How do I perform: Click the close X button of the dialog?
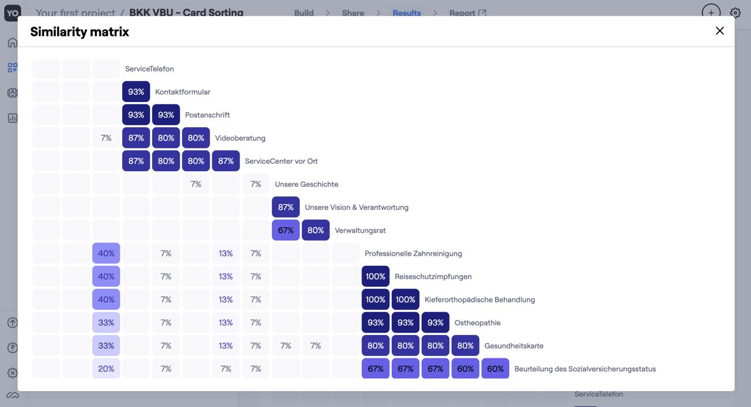click(719, 31)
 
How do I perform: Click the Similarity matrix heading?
click(79, 32)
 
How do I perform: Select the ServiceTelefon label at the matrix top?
click(149, 69)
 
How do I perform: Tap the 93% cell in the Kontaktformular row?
click(136, 91)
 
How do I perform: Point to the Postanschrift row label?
click(207, 115)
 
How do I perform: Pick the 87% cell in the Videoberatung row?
click(136, 138)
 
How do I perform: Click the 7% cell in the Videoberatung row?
click(106, 138)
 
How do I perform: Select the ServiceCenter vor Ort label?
click(281, 161)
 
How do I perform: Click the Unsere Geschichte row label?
click(306, 184)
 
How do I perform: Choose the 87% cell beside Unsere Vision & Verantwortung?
click(286, 207)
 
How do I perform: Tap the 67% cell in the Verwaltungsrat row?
click(286, 230)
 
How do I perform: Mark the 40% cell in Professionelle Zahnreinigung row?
click(106, 253)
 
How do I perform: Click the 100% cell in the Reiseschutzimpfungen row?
click(375, 276)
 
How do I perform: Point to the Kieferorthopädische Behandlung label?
click(479, 300)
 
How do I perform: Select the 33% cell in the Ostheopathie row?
click(106, 323)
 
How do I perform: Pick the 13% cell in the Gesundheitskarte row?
click(226, 346)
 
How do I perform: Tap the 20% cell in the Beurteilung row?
click(106, 369)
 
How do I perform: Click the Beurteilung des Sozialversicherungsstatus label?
click(584, 369)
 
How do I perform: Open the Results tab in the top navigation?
click(407, 13)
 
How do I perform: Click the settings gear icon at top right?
click(735, 12)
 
